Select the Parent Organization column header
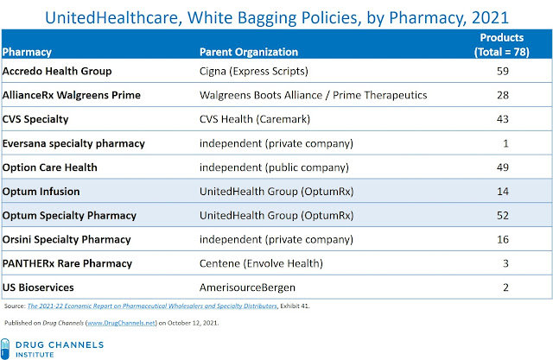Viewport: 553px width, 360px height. point(249,52)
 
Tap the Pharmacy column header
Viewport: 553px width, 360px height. point(27,52)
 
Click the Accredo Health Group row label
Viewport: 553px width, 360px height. point(57,71)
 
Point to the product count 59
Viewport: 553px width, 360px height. point(503,71)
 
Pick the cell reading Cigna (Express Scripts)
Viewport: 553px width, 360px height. point(253,71)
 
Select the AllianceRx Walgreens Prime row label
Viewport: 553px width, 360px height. point(71,95)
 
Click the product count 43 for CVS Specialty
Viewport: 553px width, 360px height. point(503,119)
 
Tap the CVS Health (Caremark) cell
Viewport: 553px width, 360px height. point(255,119)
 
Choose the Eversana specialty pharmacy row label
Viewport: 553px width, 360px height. point(73,143)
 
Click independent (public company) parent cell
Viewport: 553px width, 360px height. point(274,167)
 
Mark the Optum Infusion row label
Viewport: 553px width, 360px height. point(41,192)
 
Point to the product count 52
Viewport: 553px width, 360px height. point(503,215)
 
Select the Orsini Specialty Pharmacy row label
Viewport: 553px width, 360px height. point(67,239)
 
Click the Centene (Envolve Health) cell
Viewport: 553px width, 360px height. point(261,263)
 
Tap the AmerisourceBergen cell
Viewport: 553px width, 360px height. point(247,287)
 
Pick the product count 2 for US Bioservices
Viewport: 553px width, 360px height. point(505,287)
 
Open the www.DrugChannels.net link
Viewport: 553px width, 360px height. point(121,323)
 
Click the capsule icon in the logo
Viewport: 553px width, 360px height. point(5,349)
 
